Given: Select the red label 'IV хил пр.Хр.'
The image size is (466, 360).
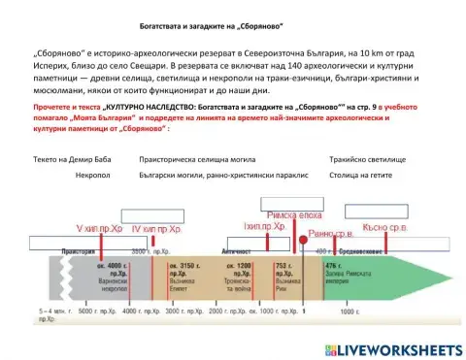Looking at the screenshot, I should coord(156,229).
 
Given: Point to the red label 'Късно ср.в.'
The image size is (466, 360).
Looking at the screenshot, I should coord(384,227).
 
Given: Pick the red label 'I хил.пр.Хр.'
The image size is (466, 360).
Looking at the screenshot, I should coord(263,226).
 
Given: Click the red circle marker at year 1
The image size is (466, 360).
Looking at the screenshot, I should coord(302,239).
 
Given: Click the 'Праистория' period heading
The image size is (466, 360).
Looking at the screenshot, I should coord(79,250).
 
